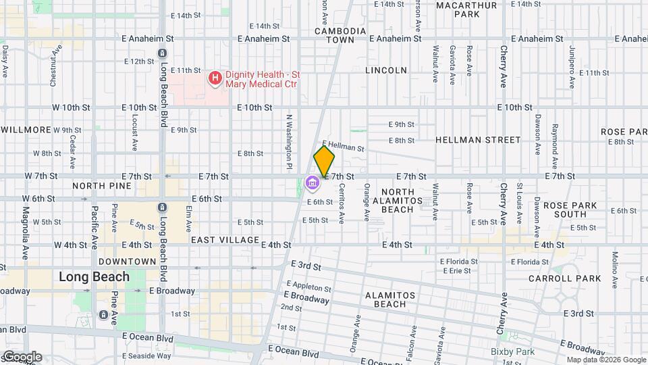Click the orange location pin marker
tap(325, 162)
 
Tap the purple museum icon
tap(312, 182)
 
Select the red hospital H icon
tap(215, 78)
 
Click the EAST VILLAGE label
tap(225, 240)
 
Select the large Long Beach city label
tap(94, 276)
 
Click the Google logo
tap(22, 357)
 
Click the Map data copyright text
tap(606, 360)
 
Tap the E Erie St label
tap(455, 270)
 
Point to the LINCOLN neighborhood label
tap(386, 70)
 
